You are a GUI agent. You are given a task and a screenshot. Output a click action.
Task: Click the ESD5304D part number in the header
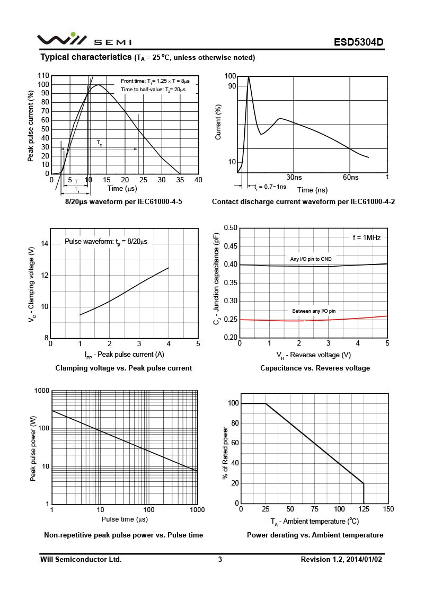click(358, 42)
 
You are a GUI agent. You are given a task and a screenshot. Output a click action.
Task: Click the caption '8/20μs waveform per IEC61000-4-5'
click(123, 201)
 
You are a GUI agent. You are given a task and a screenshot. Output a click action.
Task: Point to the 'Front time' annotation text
click(155, 81)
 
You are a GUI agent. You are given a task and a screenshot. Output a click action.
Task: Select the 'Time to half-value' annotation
click(153, 90)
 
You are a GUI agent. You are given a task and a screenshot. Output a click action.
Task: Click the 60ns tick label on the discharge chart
click(350, 177)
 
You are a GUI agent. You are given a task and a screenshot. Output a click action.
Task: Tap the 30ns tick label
click(294, 177)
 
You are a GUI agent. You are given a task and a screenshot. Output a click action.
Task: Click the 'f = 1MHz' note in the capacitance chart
click(367, 237)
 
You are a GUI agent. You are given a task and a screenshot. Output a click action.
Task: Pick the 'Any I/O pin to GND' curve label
click(311, 259)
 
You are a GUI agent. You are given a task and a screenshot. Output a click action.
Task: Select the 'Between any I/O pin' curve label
click(314, 311)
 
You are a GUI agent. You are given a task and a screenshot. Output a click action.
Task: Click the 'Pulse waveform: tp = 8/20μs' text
click(106, 242)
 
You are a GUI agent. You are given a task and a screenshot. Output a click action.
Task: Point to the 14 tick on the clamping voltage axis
click(45, 244)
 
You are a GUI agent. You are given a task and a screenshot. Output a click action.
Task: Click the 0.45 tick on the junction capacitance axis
click(231, 246)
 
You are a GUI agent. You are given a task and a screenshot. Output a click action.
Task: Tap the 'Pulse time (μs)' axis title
click(125, 519)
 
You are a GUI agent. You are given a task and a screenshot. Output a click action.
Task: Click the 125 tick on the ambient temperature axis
click(364, 509)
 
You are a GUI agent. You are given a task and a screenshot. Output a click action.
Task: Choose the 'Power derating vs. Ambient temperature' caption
click(315, 535)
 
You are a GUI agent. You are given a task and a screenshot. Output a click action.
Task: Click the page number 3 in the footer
click(220, 559)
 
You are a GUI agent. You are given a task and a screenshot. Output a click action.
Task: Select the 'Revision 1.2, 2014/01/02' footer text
click(341, 559)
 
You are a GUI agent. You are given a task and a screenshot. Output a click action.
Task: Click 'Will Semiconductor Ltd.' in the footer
click(81, 559)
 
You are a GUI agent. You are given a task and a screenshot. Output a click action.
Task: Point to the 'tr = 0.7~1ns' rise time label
click(270, 187)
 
